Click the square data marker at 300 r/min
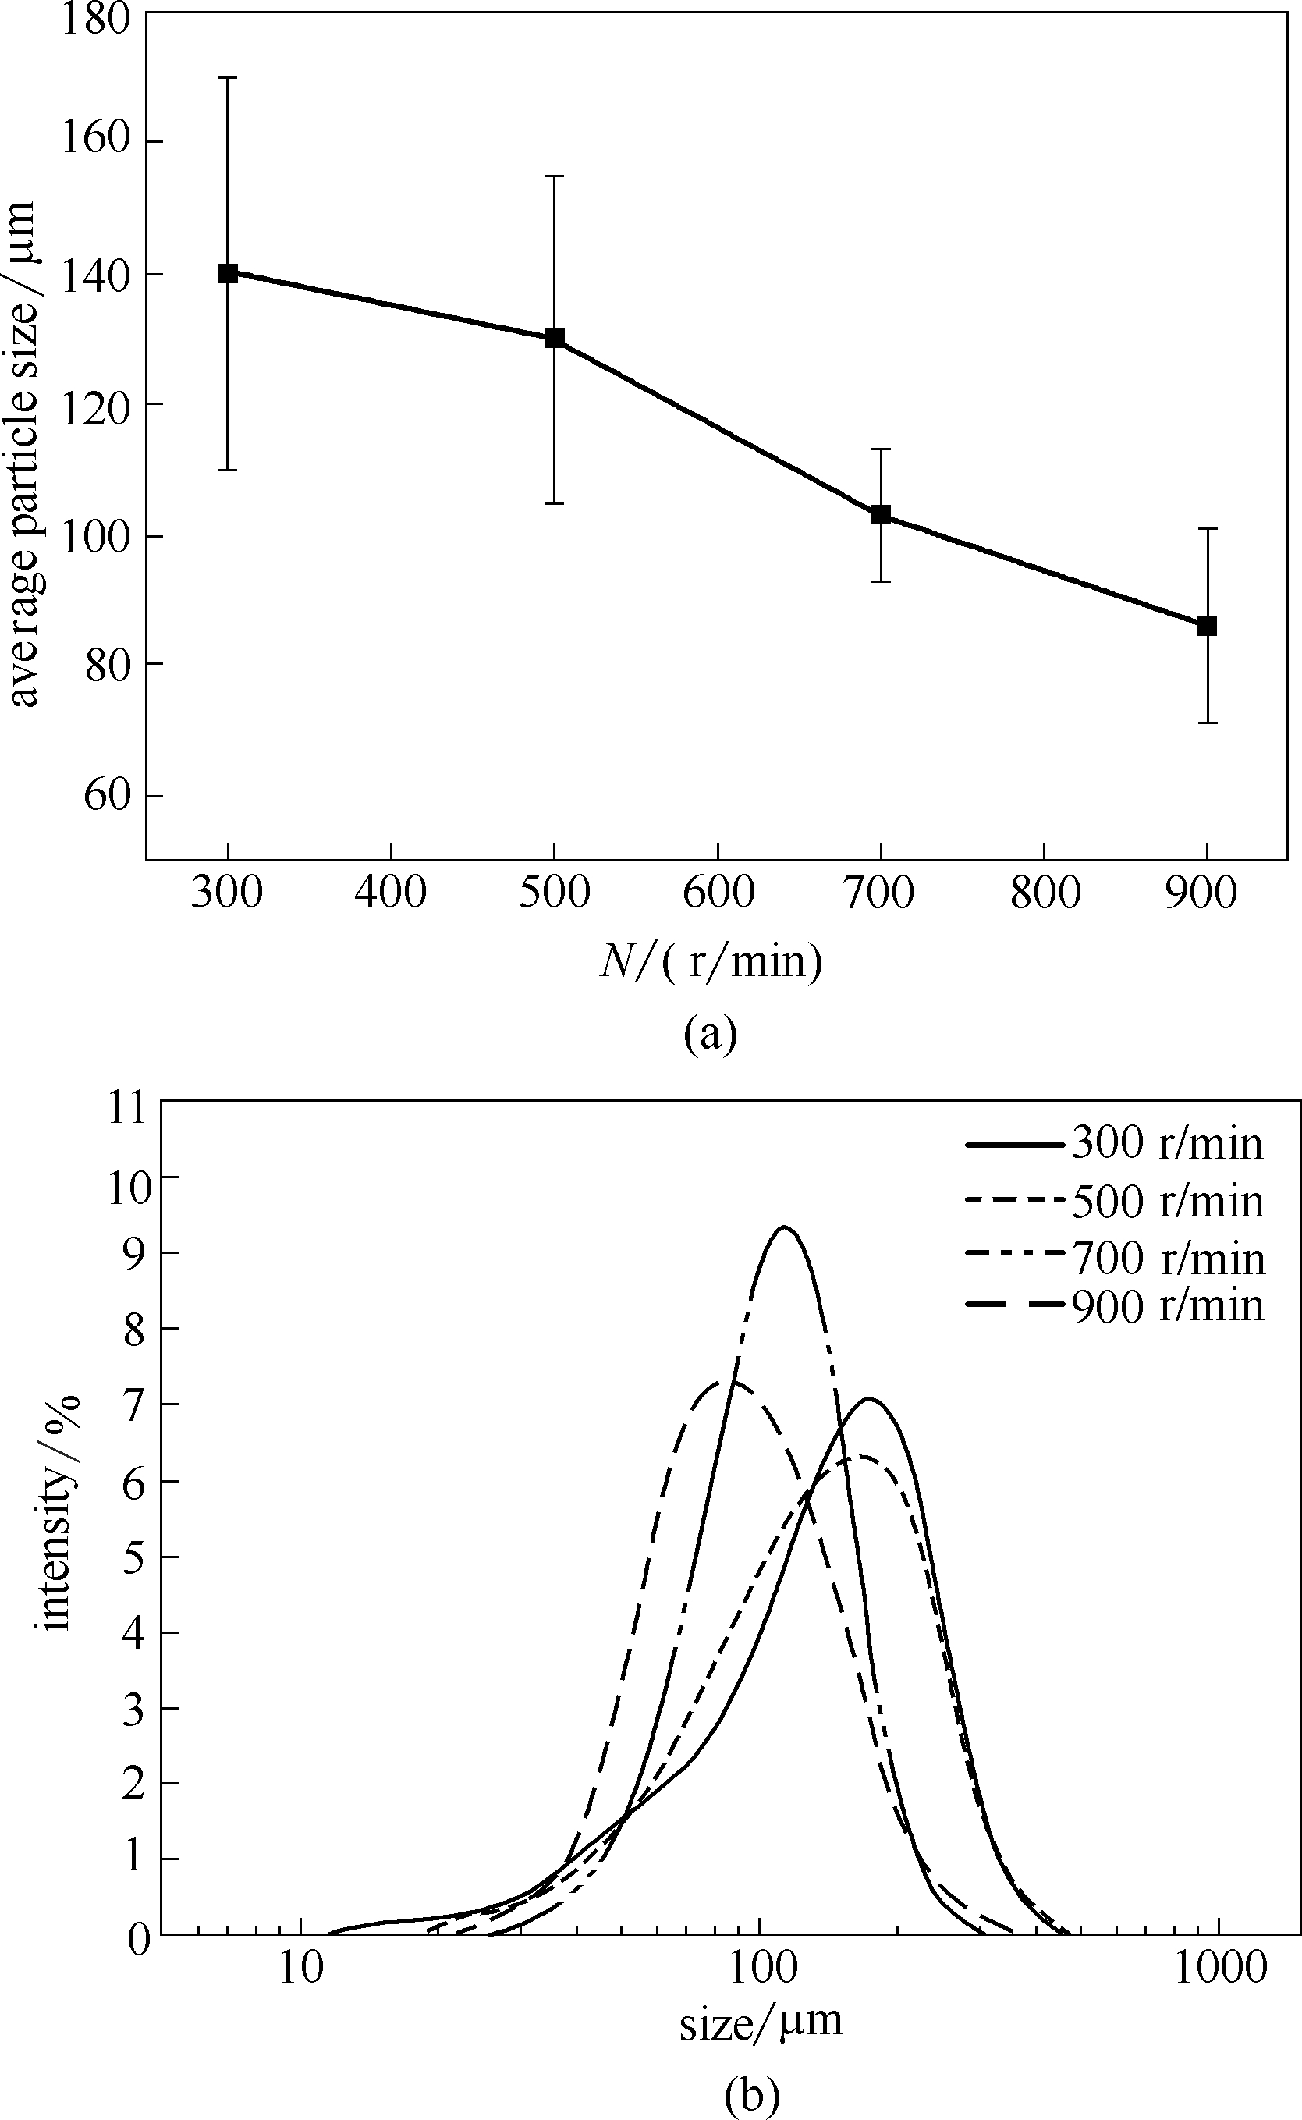[x=227, y=274]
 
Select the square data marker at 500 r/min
[x=555, y=339]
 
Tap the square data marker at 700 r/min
[x=880, y=515]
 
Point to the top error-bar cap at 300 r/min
[x=227, y=78]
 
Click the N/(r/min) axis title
[x=711, y=961]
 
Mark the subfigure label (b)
[x=752, y=2095]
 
